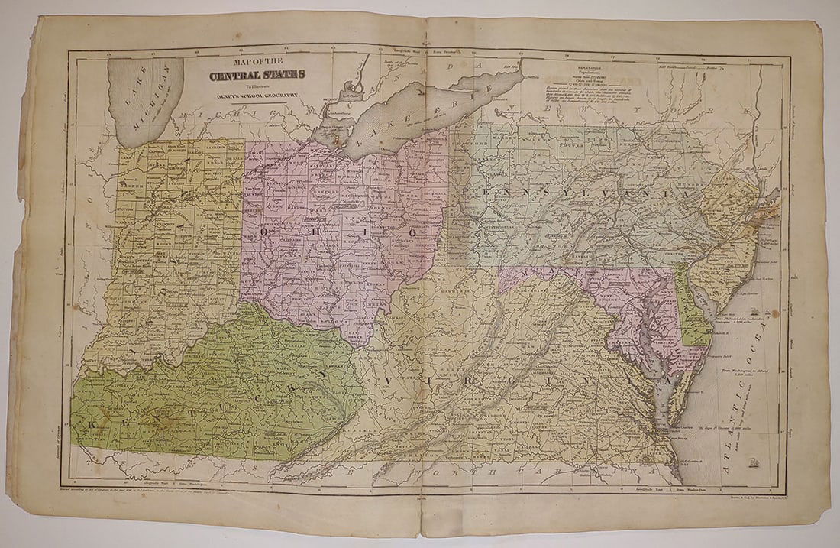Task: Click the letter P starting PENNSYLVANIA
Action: click(x=466, y=189)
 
